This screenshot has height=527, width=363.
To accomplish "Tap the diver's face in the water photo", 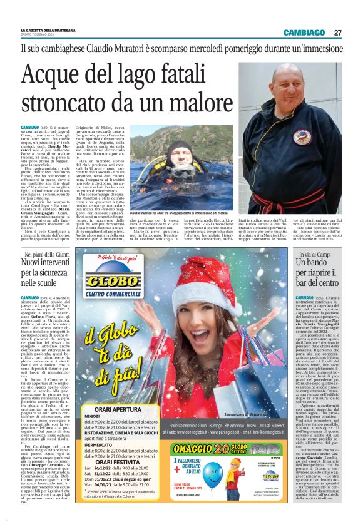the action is point(170,150).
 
